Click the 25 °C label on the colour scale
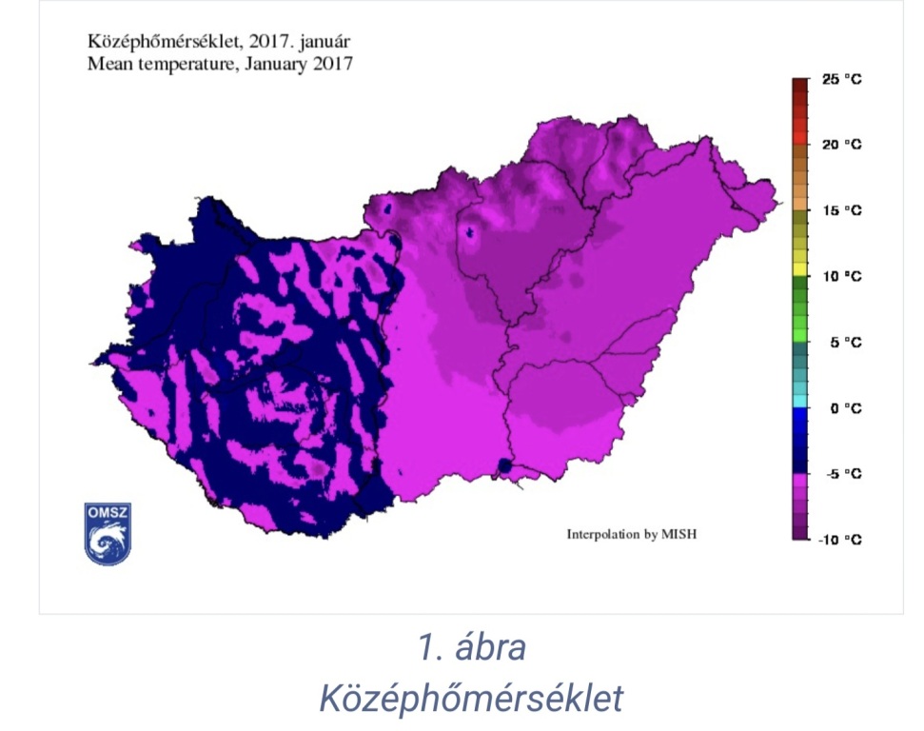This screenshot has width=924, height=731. pyautogui.click(x=841, y=80)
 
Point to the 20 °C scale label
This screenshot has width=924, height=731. pyautogui.click(x=841, y=145)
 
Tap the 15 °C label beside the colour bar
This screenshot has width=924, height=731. pyautogui.click(x=841, y=210)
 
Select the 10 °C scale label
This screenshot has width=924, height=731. pyautogui.click(x=841, y=276)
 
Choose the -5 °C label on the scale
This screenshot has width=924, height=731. pyautogui.click(x=841, y=474)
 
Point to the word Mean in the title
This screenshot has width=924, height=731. pyautogui.click(x=107, y=65)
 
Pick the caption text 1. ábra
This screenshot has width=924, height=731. pyautogui.click(x=471, y=648)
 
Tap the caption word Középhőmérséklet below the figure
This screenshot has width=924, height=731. pyautogui.click(x=471, y=698)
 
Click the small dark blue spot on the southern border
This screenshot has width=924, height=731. pyautogui.click(x=504, y=466)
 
